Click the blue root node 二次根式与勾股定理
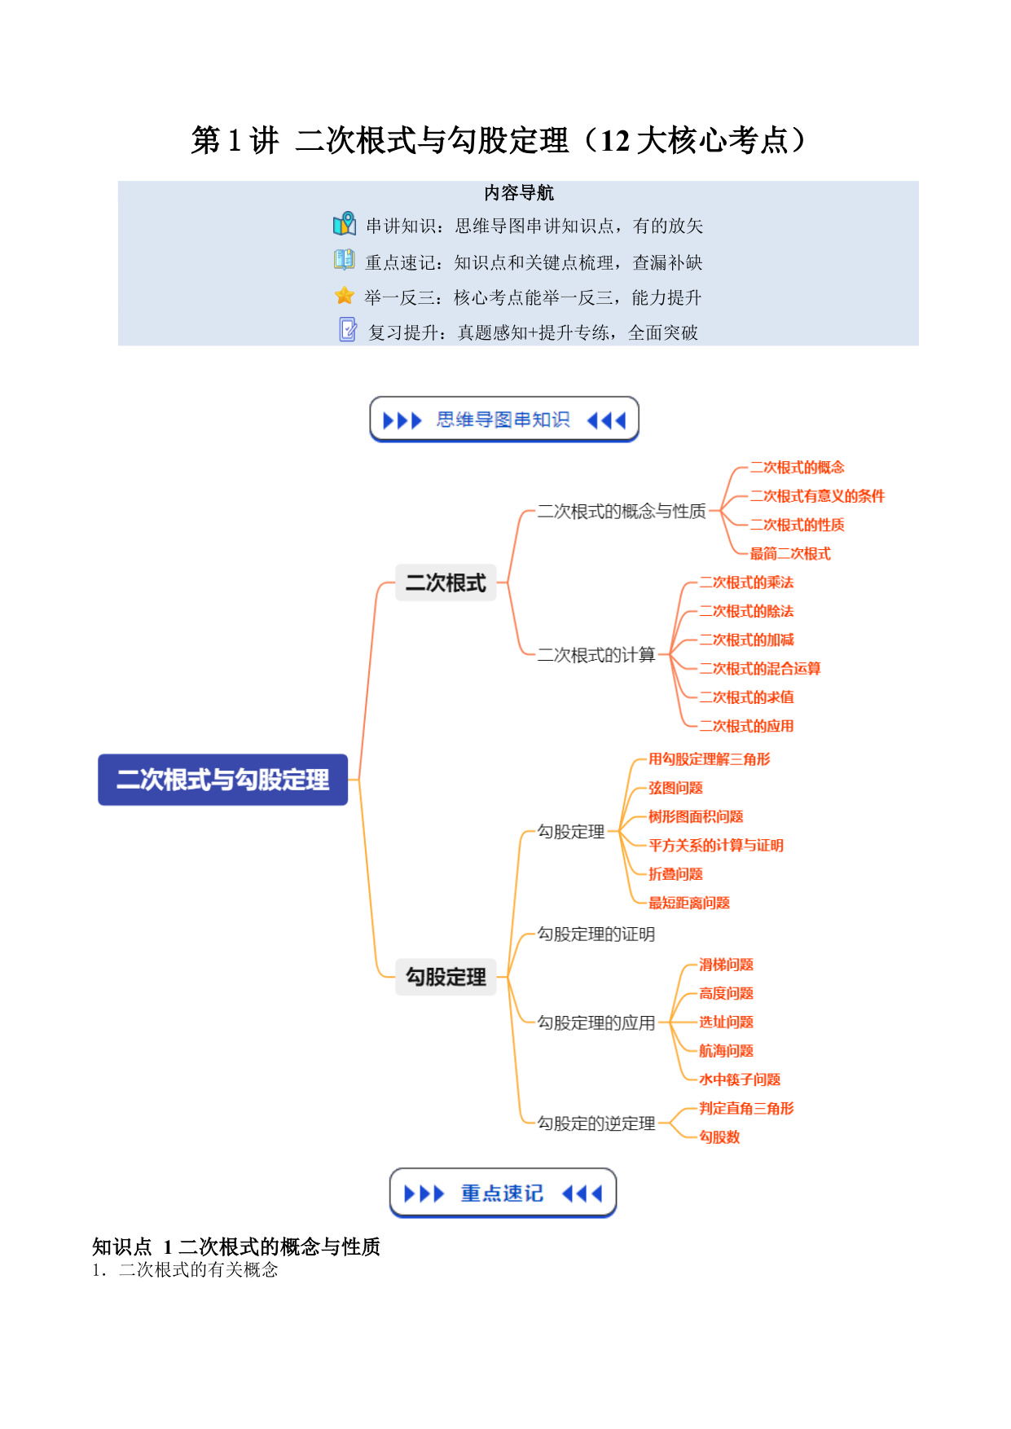222,780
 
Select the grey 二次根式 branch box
446,583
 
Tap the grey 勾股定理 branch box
446,977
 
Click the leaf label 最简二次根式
790,554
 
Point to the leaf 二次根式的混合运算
760,669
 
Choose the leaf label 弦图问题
675,788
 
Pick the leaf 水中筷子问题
740,1079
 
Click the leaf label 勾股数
719,1137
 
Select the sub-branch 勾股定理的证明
596,934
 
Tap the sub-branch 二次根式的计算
596,655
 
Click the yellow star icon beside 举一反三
345,296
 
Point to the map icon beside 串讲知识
345,223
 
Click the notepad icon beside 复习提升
348,329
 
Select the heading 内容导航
519,193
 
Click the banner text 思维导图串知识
503,420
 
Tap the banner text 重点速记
502,1194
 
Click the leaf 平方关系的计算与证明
716,846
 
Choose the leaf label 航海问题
726,1051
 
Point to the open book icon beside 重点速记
345,260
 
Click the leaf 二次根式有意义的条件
817,496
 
